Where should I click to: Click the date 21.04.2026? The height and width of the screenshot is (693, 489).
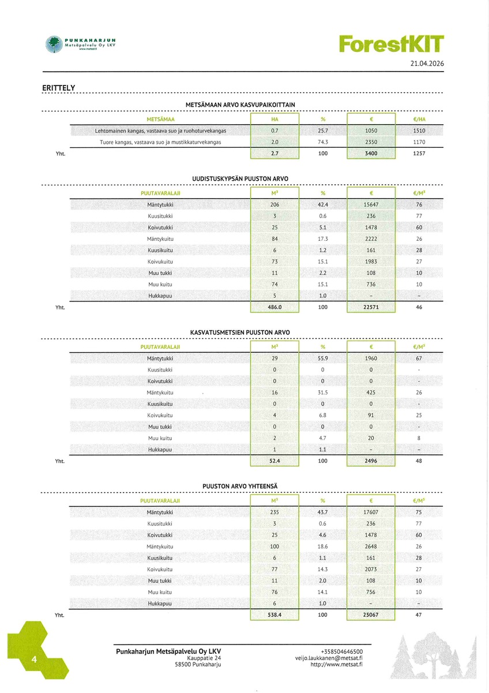coord(427,64)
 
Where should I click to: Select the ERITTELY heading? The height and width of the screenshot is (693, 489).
coord(59,88)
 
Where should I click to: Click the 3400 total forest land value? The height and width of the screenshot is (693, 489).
coord(371,154)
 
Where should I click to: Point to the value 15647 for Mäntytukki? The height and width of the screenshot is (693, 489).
coord(371,204)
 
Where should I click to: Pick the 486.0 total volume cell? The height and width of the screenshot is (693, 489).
coord(274,307)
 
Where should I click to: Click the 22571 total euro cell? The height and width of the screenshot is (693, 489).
coord(371,307)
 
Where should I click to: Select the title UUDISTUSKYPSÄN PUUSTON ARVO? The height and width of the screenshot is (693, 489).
coord(240,178)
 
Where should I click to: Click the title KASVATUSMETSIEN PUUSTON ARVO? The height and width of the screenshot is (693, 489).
coord(240,333)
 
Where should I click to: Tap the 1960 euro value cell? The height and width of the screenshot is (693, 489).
coord(371,359)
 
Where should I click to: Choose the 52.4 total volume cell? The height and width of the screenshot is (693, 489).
coord(274,461)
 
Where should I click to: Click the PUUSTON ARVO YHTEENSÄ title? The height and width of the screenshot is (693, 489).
coord(240,486)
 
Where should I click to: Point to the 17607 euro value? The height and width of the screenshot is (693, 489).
coord(371,512)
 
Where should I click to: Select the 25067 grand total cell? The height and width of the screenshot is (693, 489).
coord(371,615)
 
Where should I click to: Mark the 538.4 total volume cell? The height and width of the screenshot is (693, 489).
coord(274,615)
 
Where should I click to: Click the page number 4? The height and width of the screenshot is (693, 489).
coord(35,660)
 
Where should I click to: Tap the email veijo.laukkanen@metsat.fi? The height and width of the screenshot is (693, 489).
coord(329,658)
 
